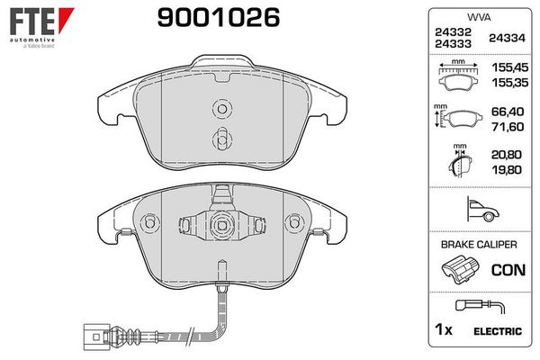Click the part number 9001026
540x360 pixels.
click(x=207, y=15)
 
